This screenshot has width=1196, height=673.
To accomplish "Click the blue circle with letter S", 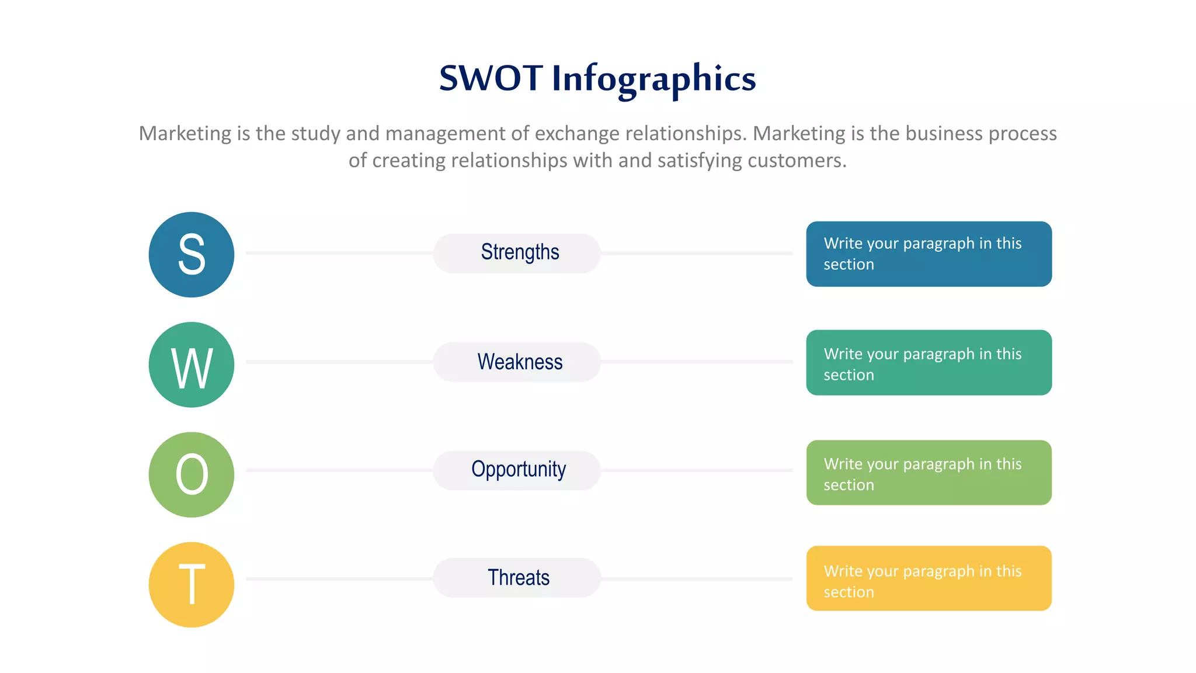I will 192,255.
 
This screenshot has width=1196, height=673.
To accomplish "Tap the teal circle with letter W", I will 192,365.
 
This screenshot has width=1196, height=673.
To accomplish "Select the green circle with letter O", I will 192,474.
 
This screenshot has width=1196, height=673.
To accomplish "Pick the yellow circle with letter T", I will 192,584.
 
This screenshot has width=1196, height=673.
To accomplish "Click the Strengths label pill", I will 517,253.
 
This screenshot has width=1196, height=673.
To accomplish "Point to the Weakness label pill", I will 517,362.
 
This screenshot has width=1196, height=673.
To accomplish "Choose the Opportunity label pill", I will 517,470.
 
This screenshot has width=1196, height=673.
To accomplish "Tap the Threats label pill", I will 517,578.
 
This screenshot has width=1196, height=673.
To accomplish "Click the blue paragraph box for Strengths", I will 929,254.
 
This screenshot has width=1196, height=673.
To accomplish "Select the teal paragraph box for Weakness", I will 929,363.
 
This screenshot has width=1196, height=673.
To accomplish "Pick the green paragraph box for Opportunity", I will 929,473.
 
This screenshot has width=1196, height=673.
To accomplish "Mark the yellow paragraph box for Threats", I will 929,578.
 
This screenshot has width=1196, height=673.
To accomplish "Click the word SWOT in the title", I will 491,78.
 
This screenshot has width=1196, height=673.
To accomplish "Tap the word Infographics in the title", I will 653,79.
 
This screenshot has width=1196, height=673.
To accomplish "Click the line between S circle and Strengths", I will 339,254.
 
